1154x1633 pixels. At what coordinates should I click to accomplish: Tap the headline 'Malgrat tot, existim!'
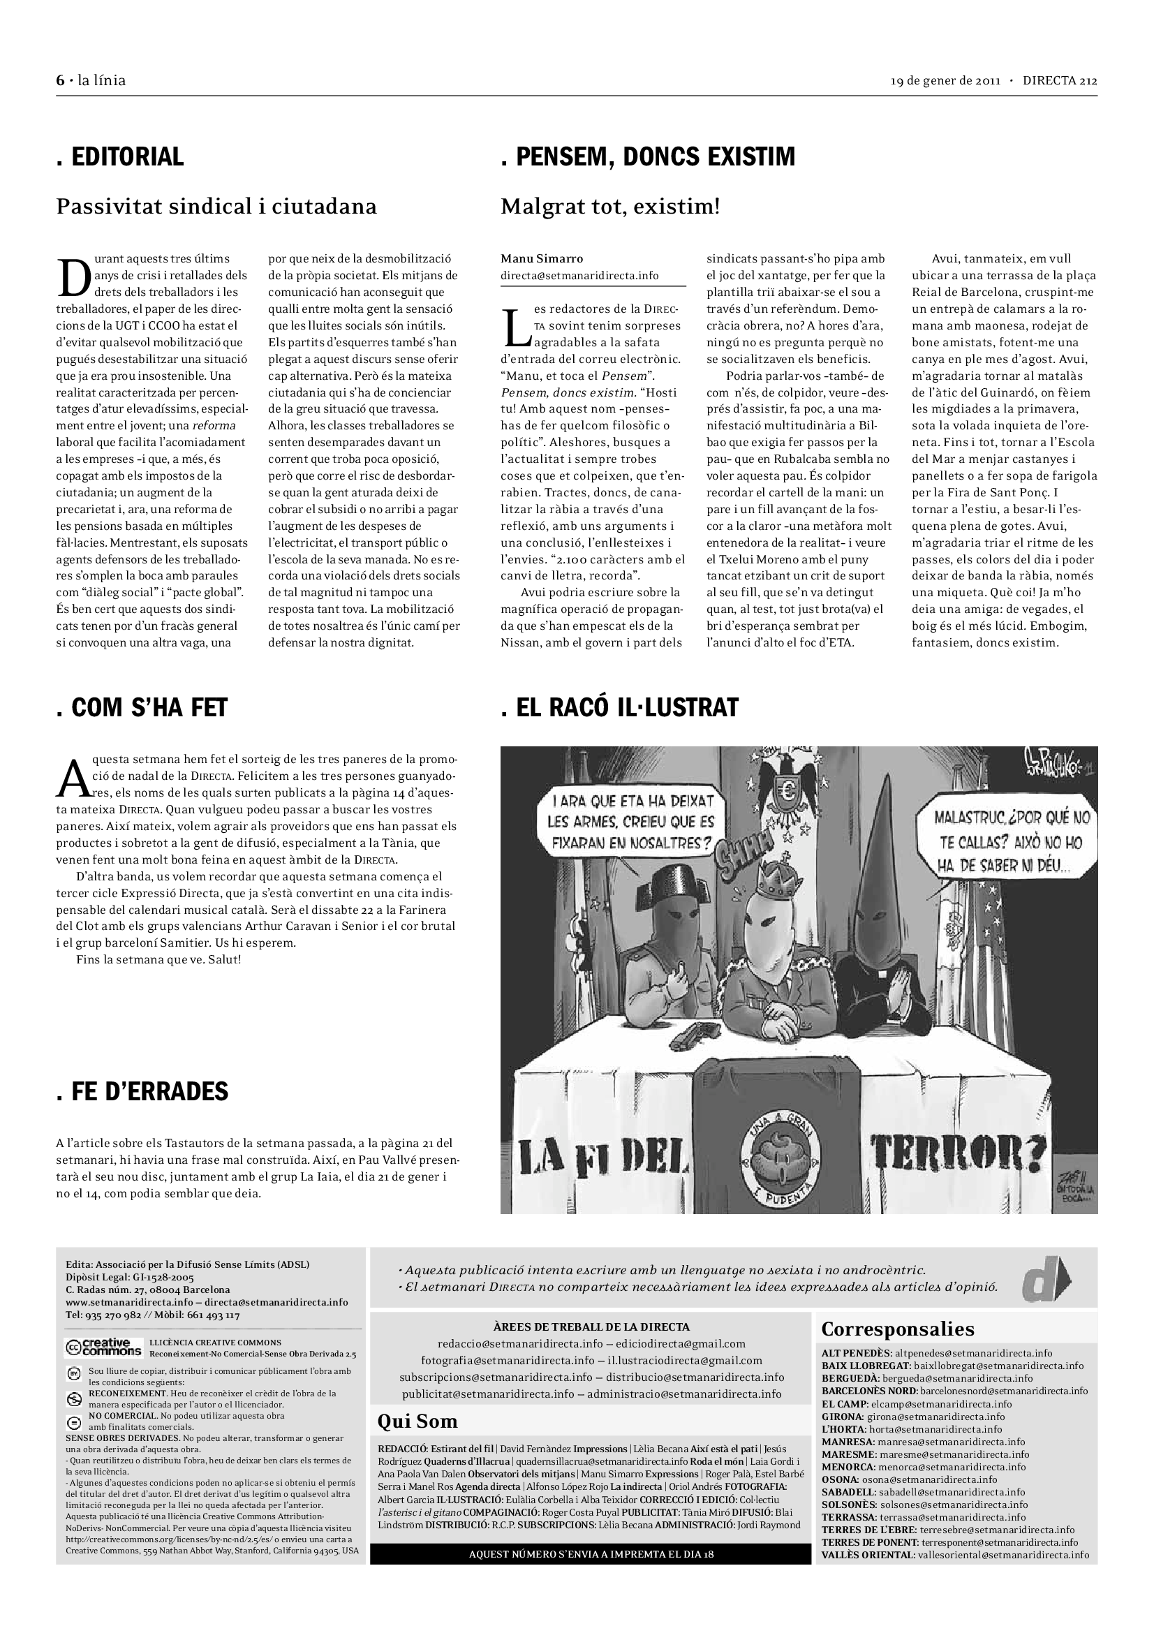[x=610, y=207]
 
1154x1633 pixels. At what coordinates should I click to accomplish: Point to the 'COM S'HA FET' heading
[x=142, y=708]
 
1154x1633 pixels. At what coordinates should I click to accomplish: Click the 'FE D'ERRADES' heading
[x=142, y=1091]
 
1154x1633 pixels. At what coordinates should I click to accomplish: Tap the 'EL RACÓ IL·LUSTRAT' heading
[x=619, y=708]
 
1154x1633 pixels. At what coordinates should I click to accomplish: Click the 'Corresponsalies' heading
[x=897, y=1329]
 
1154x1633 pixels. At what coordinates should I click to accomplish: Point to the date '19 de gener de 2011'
[x=946, y=80]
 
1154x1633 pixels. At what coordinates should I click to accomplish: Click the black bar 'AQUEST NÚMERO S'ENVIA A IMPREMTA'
[x=590, y=1554]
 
